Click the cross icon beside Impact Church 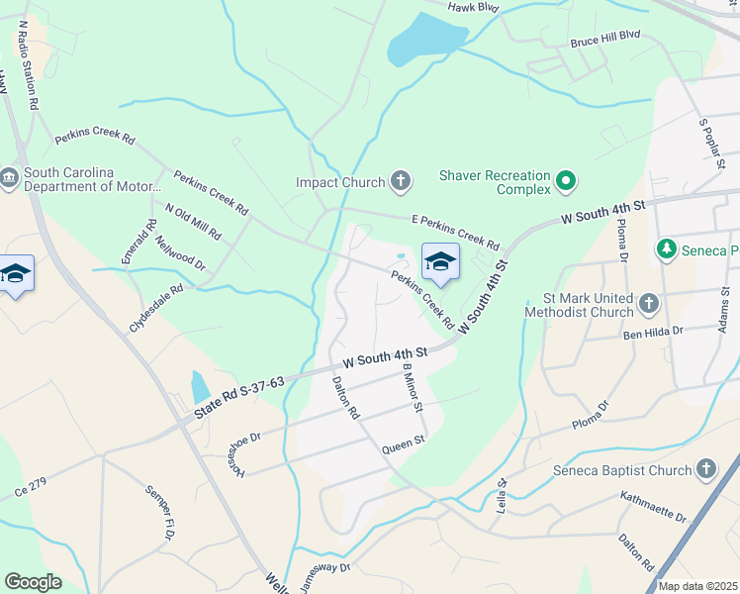pyautogui.click(x=401, y=181)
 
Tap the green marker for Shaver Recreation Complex pyautogui.click(x=565, y=181)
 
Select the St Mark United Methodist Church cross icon pyautogui.click(x=648, y=303)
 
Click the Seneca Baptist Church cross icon pyautogui.click(x=705, y=468)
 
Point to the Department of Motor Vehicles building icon pyautogui.click(x=10, y=178)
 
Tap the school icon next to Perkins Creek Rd pyautogui.click(x=440, y=262)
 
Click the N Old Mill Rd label pyautogui.click(x=193, y=221)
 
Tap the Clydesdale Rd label pyautogui.click(x=155, y=310)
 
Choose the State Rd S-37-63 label pyautogui.click(x=239, y=396)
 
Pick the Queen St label pyautogui.click(x=404, y=444)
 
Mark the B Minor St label pyautogui.click(x=412, y=387)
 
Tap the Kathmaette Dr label pyautogui.click(x=653, y=506)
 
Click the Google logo pyautogui.click(x=33, y=582)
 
